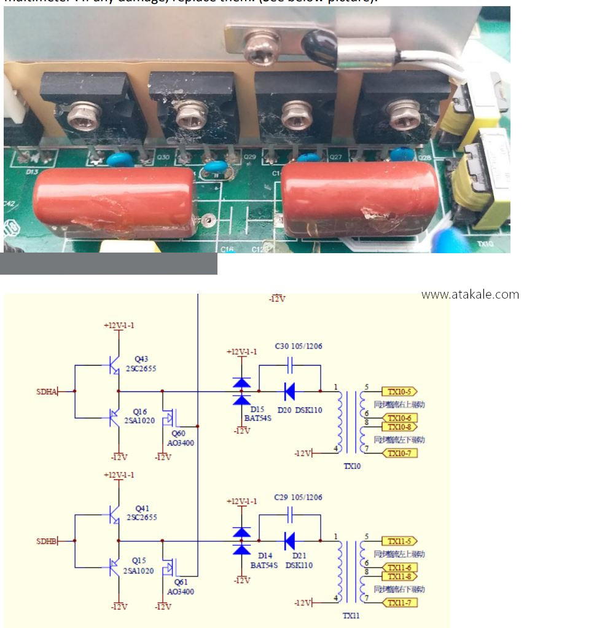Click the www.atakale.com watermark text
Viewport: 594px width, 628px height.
point(470,294)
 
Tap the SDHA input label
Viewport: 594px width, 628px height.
point(46,391)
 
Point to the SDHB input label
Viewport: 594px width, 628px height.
point(46,541)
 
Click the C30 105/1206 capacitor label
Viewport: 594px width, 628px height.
point(299,346)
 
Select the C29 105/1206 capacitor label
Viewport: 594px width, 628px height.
point(299,497)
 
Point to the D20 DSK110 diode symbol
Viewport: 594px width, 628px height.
point(289,391)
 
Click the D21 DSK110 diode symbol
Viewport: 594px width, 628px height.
point(289,541)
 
